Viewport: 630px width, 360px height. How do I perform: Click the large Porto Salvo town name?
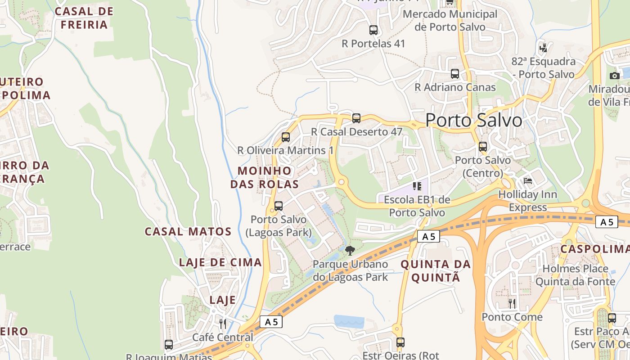click(x=473, y=120)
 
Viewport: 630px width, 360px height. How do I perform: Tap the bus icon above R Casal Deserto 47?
click(x=356, y=118)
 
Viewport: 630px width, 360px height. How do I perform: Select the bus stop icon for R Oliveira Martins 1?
click(x=286, y=137)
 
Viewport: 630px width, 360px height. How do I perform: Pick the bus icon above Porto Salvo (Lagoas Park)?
click(x=279, y=206)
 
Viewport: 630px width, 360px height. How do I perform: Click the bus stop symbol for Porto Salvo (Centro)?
click(x=483, y=147)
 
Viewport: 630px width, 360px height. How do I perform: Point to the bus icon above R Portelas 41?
click(x=373, y=30)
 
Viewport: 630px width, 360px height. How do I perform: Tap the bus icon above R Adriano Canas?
click(x=455, y=74)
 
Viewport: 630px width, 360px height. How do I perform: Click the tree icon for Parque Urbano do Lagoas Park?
click(x=350, y=251)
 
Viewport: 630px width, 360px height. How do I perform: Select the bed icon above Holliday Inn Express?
click(x=528, y=181)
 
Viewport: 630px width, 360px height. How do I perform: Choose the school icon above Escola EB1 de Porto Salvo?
click(x=417, y=186)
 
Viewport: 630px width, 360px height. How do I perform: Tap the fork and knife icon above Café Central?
click(x=223, y=324)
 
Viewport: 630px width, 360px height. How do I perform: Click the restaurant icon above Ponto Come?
click(x=512, y=303)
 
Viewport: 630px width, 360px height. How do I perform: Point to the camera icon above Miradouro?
click(x=615, y=76)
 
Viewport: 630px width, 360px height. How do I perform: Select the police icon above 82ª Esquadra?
click(x=544, y=47)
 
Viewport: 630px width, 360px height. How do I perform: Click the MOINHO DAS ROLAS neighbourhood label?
click(x=265, y=177)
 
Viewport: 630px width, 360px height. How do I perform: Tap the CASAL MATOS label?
click(x=188, y=232)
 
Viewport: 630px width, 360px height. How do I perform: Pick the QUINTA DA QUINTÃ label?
click(x=436, y=271)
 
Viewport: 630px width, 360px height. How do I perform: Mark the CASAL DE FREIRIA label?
click(x=84, y=18)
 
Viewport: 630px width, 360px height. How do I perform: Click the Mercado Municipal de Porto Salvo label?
click(x=450, y=20)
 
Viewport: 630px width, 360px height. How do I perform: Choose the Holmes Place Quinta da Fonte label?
click(x=575, y=275)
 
